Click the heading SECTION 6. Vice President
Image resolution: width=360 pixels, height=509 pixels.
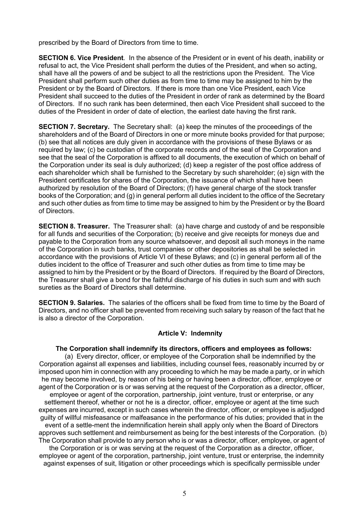tap(81, 58)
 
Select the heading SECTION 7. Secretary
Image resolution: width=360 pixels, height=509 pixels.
tap(74, 127)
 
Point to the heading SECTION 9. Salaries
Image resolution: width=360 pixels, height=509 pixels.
tap(72, 303)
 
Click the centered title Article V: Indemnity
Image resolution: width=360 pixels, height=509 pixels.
tap(190, 333)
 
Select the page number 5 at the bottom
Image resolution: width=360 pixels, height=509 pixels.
tap(184, 494)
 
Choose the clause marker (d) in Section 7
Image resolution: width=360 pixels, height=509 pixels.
tap(187, 165)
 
